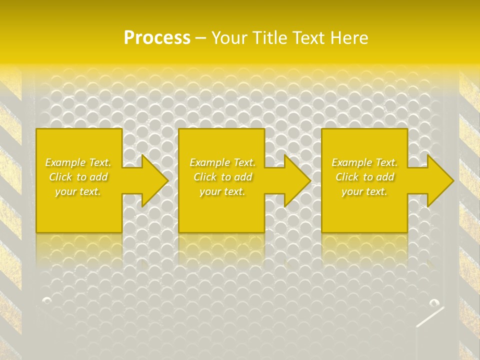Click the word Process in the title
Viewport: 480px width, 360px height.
tap(157, 38)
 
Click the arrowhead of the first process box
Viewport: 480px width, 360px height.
tap(152, 180)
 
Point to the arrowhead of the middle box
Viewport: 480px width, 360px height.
tap(295, 180)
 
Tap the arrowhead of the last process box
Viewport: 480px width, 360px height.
tap(438, 180)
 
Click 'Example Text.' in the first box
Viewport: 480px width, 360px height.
tap(78, 162)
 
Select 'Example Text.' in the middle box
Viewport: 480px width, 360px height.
tap(222, 162)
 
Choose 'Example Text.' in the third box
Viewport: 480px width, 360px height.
tap(364, 162)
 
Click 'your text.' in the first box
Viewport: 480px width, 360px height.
tap(78, 191)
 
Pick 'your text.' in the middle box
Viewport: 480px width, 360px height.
tap(222, 191)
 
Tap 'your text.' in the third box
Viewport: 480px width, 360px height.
tap(364, 191)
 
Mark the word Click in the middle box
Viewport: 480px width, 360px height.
tap(205, 177)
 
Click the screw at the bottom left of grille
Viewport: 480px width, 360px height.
tap(47, 300)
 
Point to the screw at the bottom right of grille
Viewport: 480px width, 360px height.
tap(433, 302)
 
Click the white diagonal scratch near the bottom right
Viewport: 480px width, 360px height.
tap(429, 317)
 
